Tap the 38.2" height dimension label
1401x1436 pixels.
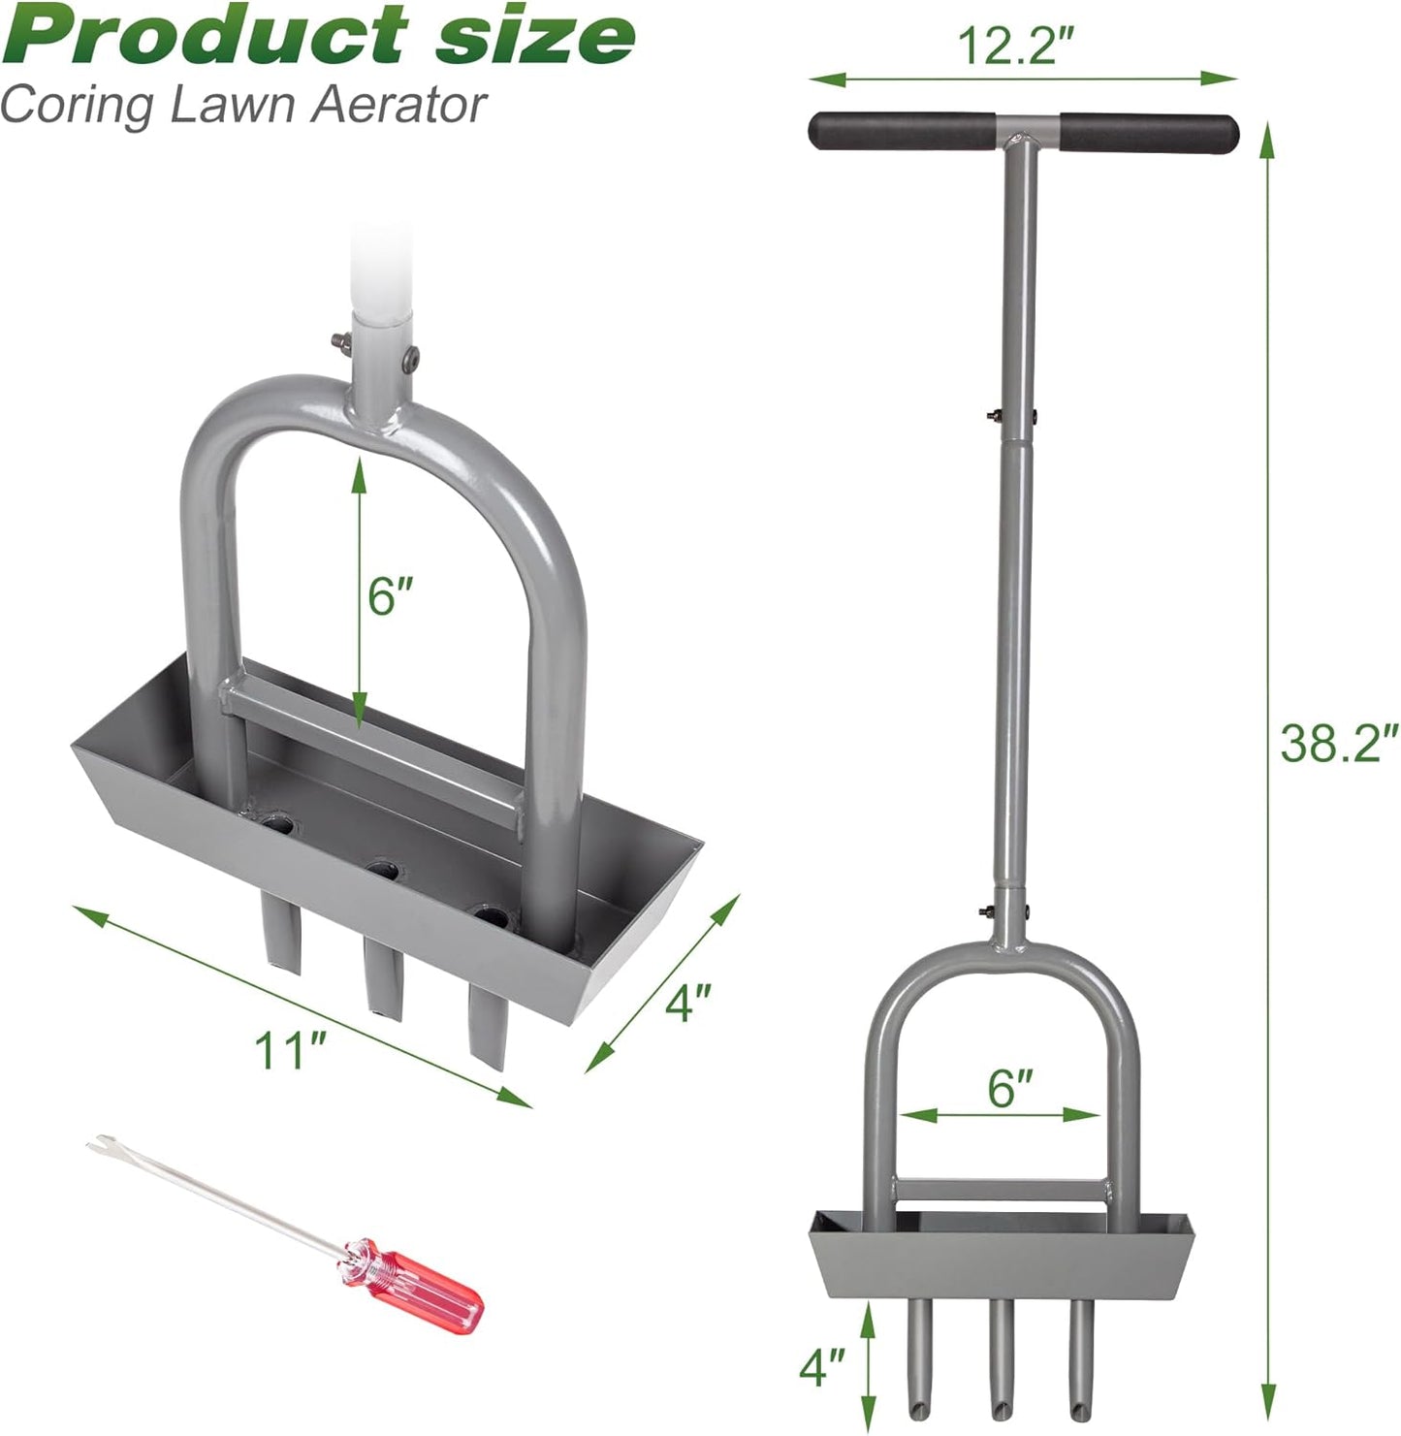point(1338,742)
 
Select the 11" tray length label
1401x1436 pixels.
point(290,1050)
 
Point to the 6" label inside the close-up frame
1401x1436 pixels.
point(391,596)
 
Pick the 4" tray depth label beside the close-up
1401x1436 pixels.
point(689,1002)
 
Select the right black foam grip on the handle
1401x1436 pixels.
point(1149,132)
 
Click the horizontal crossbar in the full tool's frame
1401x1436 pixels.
point(1000,1188)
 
